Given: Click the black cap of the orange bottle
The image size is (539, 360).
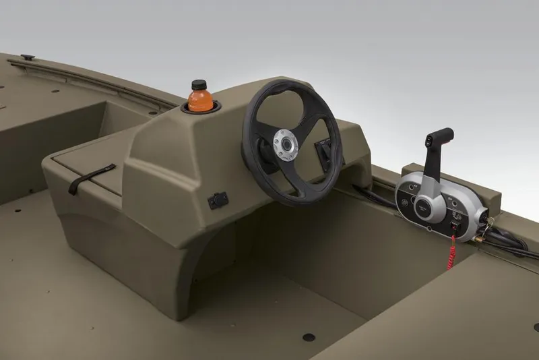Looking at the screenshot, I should pos(197,85).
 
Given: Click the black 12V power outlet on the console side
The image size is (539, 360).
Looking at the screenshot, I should pos(218,200).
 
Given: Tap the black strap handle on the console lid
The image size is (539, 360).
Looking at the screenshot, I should pos(91,177).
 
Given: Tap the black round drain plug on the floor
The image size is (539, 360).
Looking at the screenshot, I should pos(308,336).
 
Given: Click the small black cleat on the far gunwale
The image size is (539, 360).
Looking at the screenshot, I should pos(28,57).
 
